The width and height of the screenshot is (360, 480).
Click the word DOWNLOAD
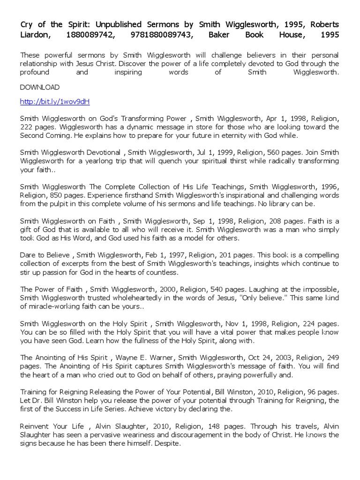click(40, 87)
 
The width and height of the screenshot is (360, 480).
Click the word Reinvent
click(35, 426)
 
